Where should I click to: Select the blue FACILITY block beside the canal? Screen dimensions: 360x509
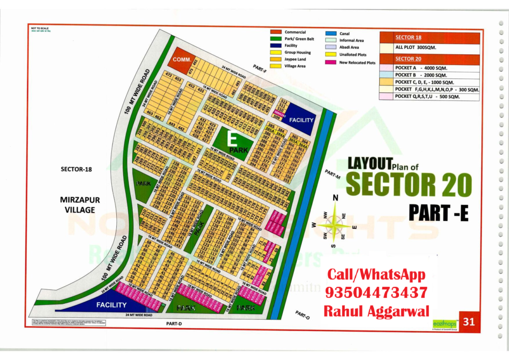point(301,120)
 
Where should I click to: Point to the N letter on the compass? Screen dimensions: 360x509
point(336,198)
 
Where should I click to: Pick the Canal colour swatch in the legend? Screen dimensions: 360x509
point(331,34)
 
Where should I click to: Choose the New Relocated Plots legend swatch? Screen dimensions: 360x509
point(331,63)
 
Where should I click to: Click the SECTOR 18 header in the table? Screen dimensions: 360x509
point(408,37)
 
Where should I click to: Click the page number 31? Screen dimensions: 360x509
point(469,322)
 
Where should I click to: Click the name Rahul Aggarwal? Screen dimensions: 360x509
point(376,311)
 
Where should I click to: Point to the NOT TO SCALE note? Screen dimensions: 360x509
point(39,30)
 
